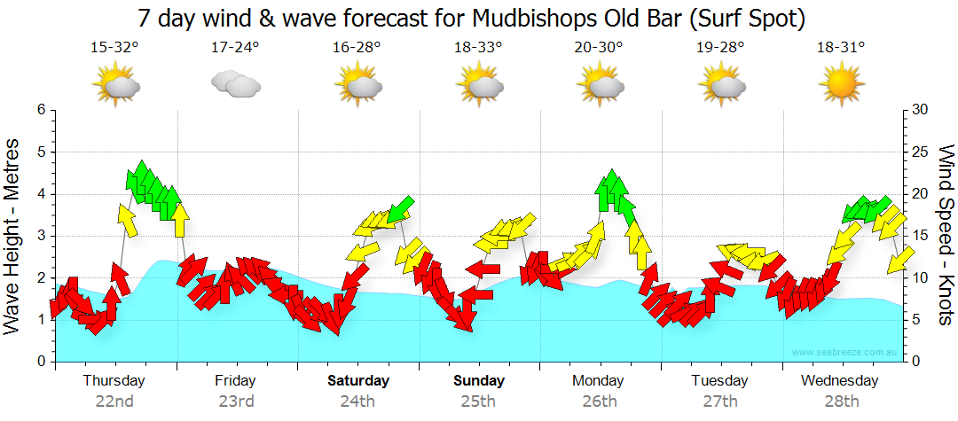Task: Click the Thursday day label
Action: (x=114, y=381)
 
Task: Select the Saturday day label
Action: (x=358, y=381)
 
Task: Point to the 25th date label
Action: (x=478, y=401)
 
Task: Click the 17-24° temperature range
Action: (x=236, y=47)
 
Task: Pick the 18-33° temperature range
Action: (x=479, y=47)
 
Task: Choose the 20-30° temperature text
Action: (x=600, y=47)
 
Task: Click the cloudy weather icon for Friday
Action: (x=235, y=84)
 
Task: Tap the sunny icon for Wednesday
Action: (x=841, y=85)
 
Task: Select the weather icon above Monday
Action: (x=601, y=85)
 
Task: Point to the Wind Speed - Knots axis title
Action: (x=944, y=235)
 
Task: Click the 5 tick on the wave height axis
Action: (x=40, y=152)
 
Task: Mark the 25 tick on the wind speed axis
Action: (x=920, y=152)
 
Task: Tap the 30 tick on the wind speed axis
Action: (x=920, y=110)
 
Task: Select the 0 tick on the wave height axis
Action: (x=40, y=362)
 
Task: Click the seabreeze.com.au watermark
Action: (x=846, y=352)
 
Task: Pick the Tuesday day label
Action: (x=719, y=381)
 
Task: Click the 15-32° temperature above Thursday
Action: (x=114, y=47)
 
